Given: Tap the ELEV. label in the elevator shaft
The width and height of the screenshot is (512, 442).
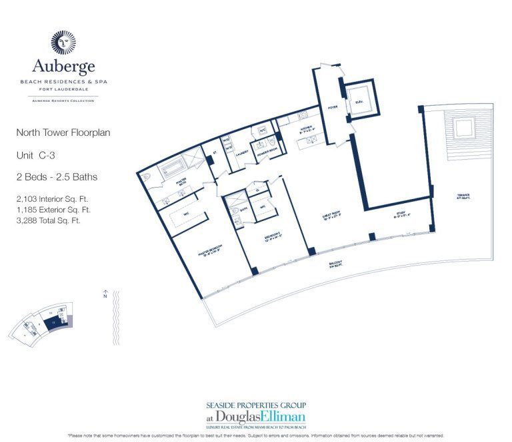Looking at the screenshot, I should [x=360, y=103].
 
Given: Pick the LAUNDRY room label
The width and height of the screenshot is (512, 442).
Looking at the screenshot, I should [x=241, y=152].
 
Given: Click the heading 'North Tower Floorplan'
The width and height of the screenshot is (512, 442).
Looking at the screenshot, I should [x=63, y=132].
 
